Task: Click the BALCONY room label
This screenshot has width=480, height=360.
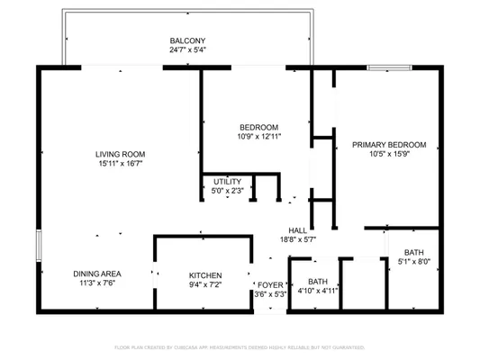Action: coord(188,40)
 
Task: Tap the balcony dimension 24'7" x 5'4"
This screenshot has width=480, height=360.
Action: coord(188,50)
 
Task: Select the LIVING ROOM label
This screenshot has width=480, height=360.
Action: coord(122,154)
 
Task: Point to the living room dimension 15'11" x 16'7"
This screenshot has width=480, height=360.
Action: coord(122,164)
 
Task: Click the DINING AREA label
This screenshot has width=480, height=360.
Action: coord(98,273)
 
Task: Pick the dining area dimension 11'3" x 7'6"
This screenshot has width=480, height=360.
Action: coord(98,283)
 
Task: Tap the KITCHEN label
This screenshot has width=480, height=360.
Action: coord(204,274)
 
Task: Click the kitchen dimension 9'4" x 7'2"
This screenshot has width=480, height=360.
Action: coord(204,284)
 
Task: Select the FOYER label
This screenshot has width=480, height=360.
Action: coord(270,284)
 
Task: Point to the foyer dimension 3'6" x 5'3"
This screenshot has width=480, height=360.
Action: coord(270,294)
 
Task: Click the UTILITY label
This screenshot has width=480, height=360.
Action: coord(227,182)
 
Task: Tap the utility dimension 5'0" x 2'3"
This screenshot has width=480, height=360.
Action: coord(227,191)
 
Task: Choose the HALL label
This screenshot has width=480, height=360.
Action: coord(298,229)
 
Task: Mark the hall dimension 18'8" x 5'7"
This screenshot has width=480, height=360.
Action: coord(298,239)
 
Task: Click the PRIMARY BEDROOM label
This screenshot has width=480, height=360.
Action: coord(388,144)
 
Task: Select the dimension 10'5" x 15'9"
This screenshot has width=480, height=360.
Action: coord(388,154)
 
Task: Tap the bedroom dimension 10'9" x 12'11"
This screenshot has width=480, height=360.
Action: coord(258,137)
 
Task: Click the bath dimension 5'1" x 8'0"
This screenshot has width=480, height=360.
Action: coord(414,262)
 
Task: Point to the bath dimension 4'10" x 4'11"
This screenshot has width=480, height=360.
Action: coord(317,291)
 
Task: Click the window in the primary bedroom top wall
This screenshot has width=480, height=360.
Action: coord(395,67)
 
